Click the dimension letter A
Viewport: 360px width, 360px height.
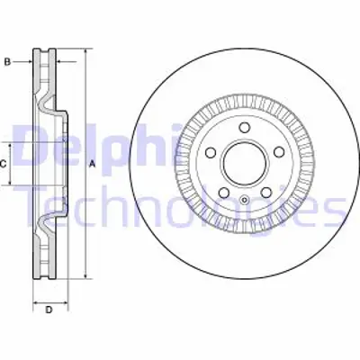[x=92, y=165]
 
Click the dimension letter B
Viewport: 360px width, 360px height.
[x=6, y=61]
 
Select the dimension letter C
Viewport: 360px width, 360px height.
[x=4, y=164]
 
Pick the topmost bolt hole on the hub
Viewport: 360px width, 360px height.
[x=244, y=129]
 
